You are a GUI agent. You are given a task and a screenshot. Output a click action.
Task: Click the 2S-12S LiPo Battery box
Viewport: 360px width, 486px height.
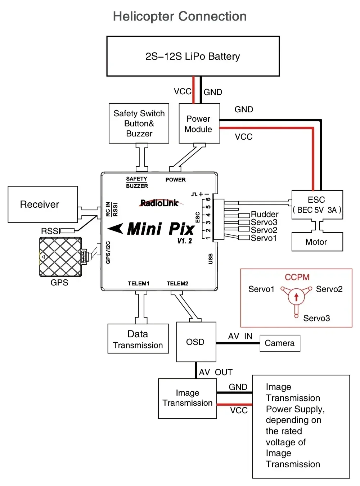point(193,56)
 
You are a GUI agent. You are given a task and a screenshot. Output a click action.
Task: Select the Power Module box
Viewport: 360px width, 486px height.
point(199,123)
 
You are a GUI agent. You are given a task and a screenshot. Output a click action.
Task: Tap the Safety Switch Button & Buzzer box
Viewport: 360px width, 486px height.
point(139,123)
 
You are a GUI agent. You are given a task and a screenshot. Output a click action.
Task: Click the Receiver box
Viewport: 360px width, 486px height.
point(42,204)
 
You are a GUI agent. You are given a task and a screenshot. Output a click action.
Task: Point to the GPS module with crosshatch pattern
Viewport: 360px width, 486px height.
point(60,257)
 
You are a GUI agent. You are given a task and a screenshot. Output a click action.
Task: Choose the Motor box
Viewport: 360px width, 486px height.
point(317,242)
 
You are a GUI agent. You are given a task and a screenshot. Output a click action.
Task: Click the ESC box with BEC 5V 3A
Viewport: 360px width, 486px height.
point(317,204)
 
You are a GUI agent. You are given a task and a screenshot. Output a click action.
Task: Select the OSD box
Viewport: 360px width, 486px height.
point(196,342)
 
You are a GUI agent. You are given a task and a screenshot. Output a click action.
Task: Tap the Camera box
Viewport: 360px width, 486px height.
point(280,343)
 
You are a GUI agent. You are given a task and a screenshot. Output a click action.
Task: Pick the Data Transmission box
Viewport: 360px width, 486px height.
point(138,339)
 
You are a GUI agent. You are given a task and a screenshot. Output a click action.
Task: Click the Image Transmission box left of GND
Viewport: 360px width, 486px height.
point(187,398)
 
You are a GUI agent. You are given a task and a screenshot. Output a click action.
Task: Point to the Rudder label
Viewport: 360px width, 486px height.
point(265,214)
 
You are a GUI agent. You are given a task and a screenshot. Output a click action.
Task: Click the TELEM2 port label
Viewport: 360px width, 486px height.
point(177,283)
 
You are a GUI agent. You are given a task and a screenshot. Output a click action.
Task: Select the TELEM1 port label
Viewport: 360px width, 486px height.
point(139,283)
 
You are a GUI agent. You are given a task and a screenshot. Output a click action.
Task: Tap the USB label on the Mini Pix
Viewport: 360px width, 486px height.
point(211,258)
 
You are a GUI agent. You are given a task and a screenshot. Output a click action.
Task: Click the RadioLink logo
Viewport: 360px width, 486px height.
point(159,203)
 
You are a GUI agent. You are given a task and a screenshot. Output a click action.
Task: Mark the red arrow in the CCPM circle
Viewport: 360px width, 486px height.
point(296,297)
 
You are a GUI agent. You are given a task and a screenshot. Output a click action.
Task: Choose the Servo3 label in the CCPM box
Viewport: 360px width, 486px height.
point(316,318)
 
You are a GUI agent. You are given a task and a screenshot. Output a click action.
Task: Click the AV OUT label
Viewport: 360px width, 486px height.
point(216,372)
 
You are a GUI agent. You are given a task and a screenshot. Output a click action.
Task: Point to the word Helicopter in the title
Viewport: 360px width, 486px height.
point(144,17)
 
